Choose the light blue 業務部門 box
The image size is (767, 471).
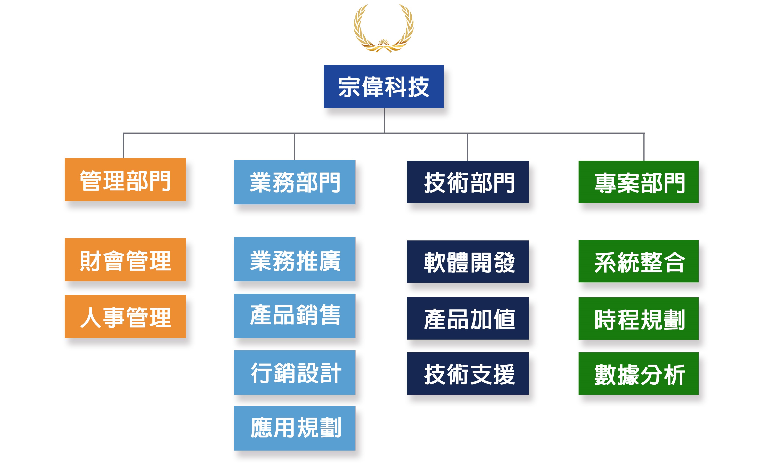pyautogui.click(x=294, y=182)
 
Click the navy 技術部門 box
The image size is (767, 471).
pyautogui.click(x=468, y=182)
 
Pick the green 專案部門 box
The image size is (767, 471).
pyautogui.click(x=638, y=182)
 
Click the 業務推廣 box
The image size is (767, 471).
pyautogui.click(x=294, y=259)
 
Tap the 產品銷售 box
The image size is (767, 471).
pyautogui.click(x=294, y=316)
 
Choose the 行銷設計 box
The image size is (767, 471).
pyautogui.click(x=294, y=373)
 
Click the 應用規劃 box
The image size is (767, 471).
pyautogui.click(x=294, y=428)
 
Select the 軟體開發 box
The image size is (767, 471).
pyautogui.click(x=468, y=262)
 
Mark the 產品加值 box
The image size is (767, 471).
pyautogui.click(x=468, y=318)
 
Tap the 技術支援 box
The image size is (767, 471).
pyautogui.click(x=468, y=373)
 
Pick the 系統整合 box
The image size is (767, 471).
pyautogui.click(x=638, y=261)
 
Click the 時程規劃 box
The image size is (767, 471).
pyautogui.click(x=638, y=319)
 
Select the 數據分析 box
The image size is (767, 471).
pyautogui.click(x=638, y=373)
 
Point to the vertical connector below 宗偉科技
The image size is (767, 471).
pyautogui.click(x=384, y=121)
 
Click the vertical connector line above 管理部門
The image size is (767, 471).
pyautogui.click(x=123, y=146)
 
